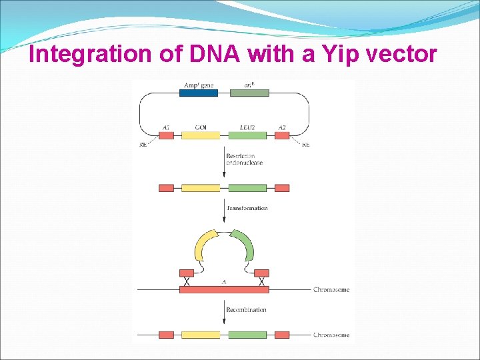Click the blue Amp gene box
click(199, 93)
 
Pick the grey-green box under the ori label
click(249, 93)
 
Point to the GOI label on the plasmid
click(201, 127)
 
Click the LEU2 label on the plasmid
click(247, 127)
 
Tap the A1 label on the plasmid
click(166, 127)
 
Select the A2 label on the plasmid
click(282, 127)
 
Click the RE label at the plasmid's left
click(143, 145)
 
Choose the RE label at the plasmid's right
click(305, 145)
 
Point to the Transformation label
click(247, 208)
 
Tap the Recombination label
click(246, 310)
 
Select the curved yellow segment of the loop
click(202, 247)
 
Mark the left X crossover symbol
click(187, 282)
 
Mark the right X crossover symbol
click(261, 282)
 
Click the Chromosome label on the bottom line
click(331, 335)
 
